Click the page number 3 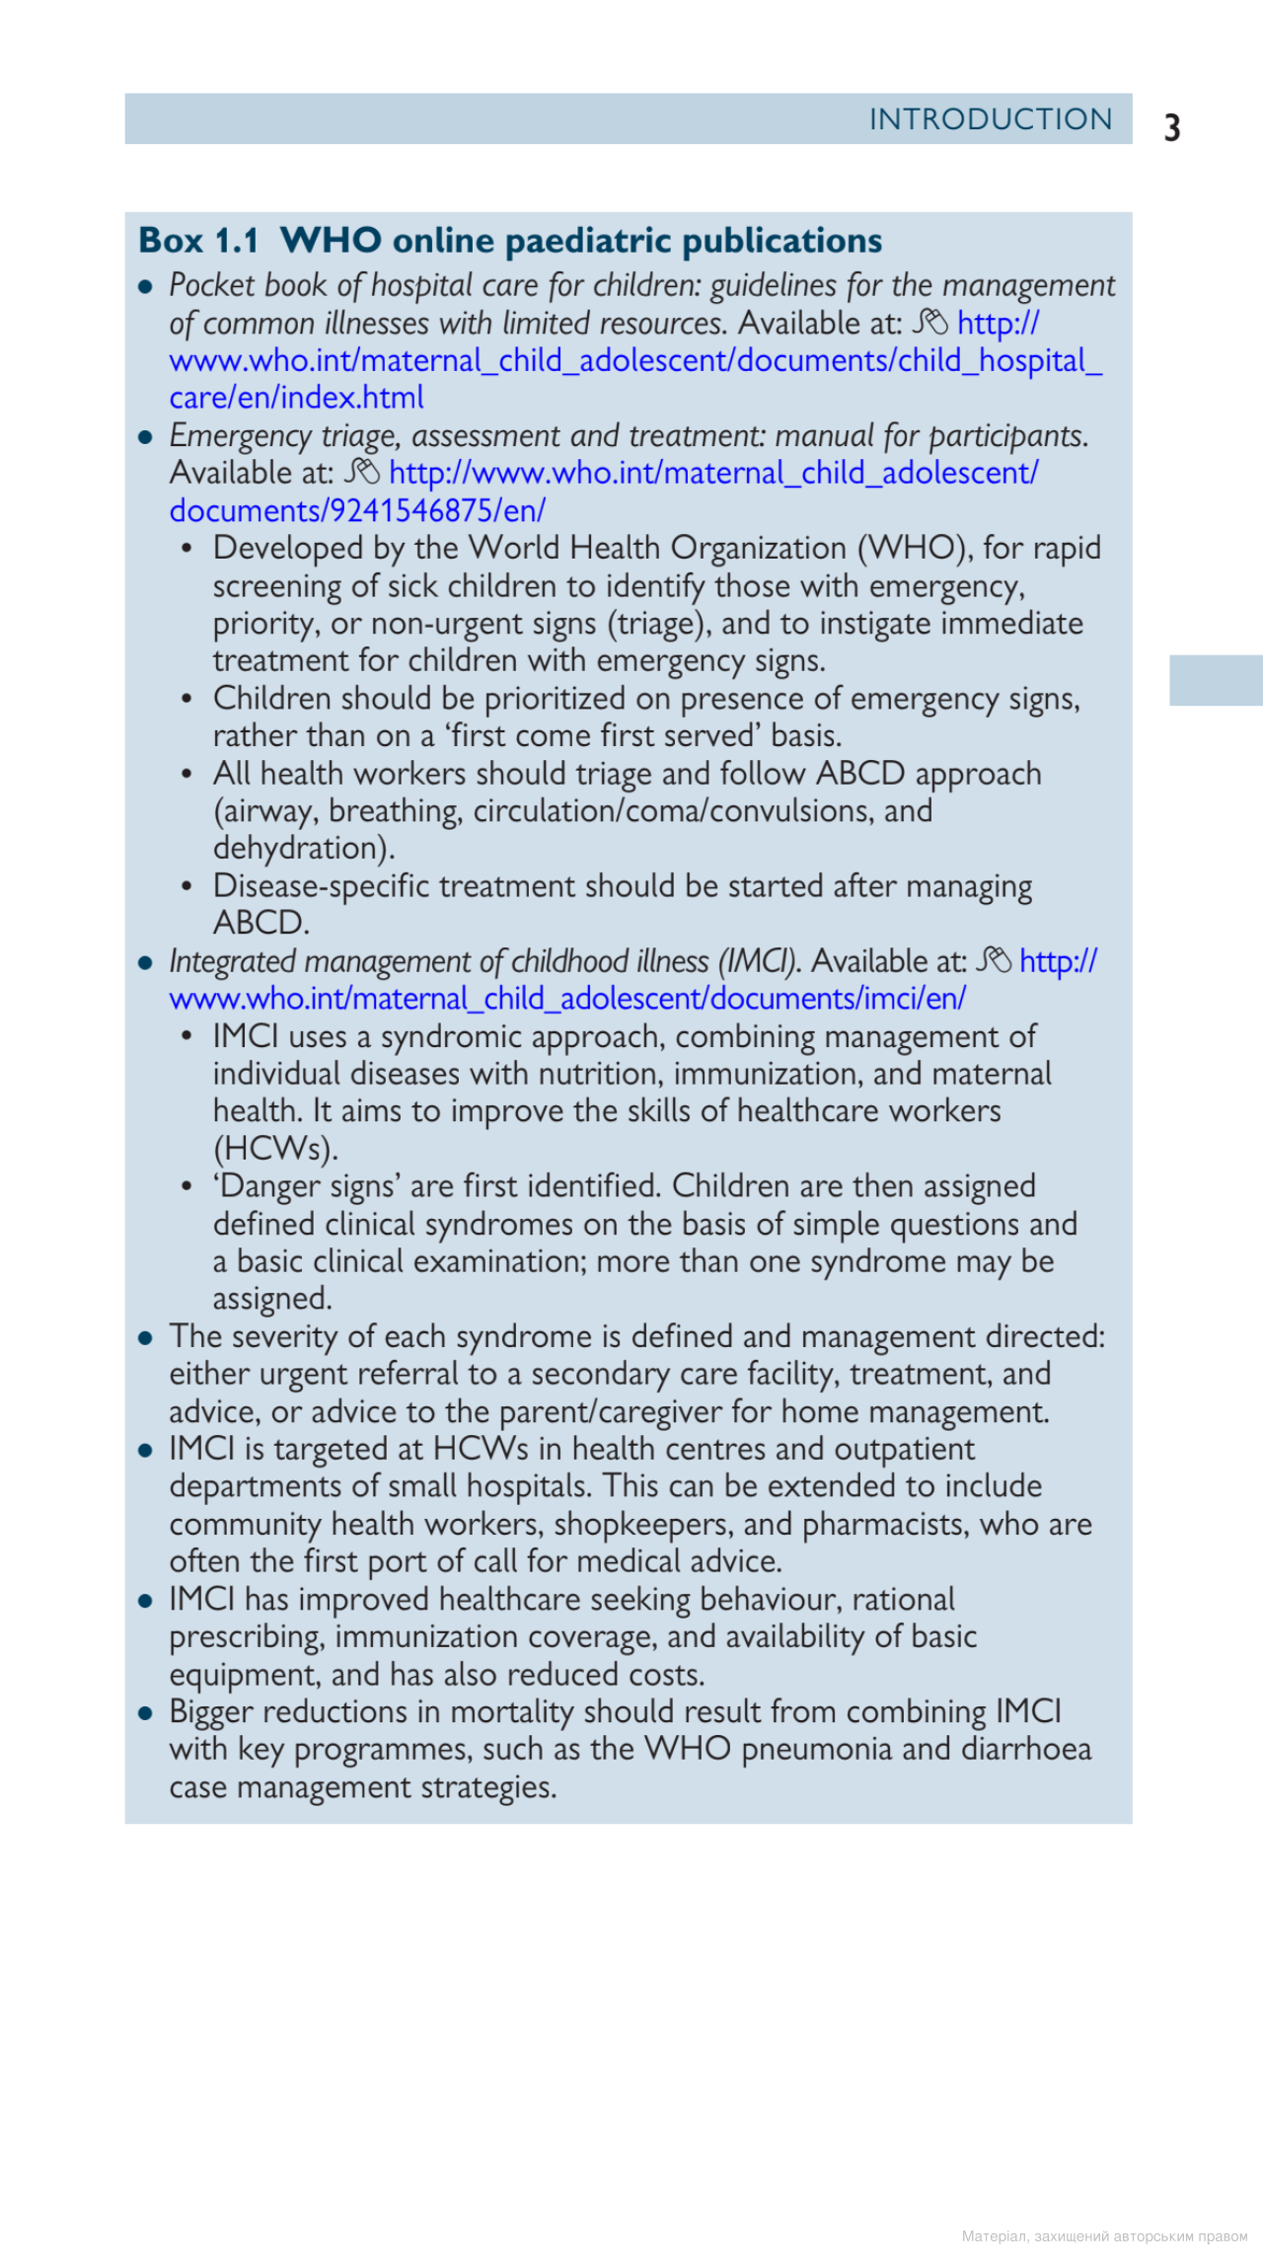1172,128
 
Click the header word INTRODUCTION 990,119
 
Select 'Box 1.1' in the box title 198,241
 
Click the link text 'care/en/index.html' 296,398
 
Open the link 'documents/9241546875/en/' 357,510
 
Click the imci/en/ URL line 567,999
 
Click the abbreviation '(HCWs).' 276,1149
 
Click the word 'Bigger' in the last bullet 211,1712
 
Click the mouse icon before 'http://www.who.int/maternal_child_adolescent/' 362,472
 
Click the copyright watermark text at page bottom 1104,2236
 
